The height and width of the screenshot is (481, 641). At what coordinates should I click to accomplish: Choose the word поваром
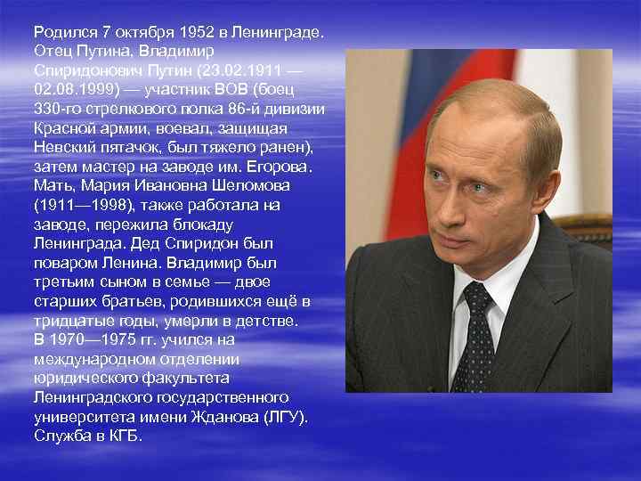[x=67, y=264]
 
